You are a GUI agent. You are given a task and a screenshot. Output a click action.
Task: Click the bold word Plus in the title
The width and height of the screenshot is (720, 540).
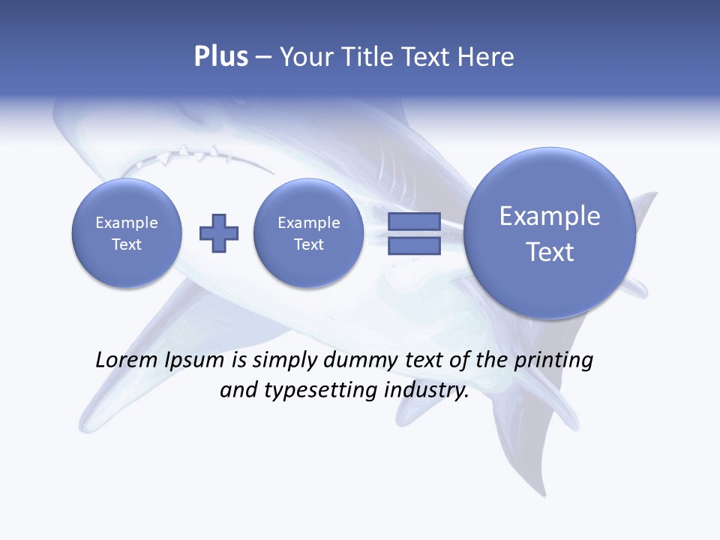(x=220, y=57)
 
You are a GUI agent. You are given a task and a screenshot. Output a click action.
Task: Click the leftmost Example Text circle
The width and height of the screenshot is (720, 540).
(x=127, y=233)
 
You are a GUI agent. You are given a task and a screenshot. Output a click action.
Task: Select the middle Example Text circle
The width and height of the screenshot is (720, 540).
(x=309, y=233)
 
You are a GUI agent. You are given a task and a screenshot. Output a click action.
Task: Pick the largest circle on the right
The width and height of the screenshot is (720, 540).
(x=550, y=233)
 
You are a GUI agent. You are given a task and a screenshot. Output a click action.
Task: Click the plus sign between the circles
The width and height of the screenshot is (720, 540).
(x=219, y=233)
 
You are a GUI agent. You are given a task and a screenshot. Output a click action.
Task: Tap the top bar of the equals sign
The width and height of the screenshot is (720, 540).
(x=414, y=221)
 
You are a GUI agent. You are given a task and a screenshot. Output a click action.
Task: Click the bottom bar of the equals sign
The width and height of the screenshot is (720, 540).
(x=414, y=246)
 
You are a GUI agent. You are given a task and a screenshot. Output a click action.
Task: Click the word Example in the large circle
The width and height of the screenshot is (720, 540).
(x=550, y=217)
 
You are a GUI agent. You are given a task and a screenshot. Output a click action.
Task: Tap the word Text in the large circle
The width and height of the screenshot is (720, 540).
(x=550, y=252)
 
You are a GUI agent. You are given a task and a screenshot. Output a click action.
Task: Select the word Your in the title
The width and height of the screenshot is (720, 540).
(x=308, y=57)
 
